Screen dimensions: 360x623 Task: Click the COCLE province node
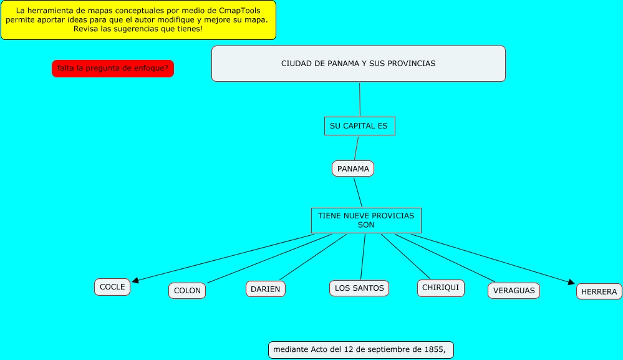pyautogui.click(x=112, y=287)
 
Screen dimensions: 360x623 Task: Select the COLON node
pyautogui.click(x=187, y=291)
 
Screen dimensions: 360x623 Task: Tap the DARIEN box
pyautogui.click(x=266, y=289)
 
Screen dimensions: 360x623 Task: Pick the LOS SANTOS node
pyautogui.click(x=359, y=288)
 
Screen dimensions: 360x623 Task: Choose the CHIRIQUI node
pyautogui.click(x=440, y=288)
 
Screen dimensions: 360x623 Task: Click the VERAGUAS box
pyautogui.click(x=514, y=291)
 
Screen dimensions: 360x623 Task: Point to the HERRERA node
pyautogui.click(x=599, y=291)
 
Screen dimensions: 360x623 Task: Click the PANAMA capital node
pyautogui.click(x=353, y=168)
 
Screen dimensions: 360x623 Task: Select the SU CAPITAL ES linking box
pyautogui.click(x=359, y=126)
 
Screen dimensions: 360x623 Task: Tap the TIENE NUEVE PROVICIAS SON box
pyautogui.click(x=366, y=220)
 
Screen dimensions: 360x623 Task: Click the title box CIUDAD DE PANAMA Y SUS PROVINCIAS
pyautogui.click(x=358, y=64)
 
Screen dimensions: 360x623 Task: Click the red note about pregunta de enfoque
pyautogui.click(x=112, y=69)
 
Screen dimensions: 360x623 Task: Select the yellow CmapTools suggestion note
pyautogui.click(x=138, y=20)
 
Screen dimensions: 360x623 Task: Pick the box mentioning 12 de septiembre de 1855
pyautogui.click(x=360, y=349)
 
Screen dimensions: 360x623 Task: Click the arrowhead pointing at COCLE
pyautogui.click(x=135, y=281)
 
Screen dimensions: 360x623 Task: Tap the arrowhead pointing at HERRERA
pyautogui.click(x=570, y=283)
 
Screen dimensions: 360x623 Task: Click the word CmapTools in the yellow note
pyautogui.click(x=240, y=11)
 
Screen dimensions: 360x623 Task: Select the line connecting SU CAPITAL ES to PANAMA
pyautogui.click(x=356, y=148)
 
